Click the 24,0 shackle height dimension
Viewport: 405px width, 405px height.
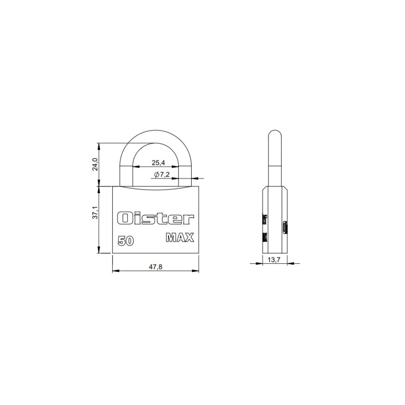click(x=95, y=164)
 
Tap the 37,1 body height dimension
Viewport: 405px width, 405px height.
click(x=95, y=213)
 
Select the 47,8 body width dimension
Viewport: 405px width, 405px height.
click(x=156, y=267)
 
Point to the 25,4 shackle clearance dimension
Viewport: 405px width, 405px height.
click(x=158, y=163)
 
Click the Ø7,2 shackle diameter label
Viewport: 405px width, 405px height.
click(x=162, y=175)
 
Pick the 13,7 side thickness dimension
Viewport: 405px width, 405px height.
click(x=274, y=260)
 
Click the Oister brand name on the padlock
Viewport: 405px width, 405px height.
click(x=156, y=219)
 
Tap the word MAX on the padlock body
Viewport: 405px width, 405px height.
click(x=180, y=237)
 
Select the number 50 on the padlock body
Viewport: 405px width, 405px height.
click(x=126, y=241)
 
